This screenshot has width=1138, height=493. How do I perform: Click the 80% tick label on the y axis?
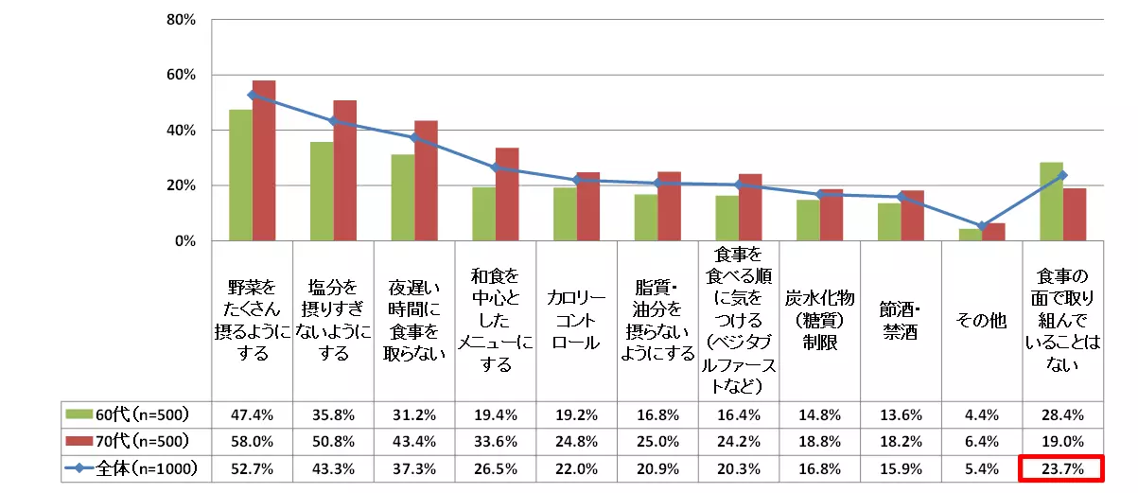[181, 19]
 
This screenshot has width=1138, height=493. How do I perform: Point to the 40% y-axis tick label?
[181, 131]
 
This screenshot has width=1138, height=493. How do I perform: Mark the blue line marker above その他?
[982, 226]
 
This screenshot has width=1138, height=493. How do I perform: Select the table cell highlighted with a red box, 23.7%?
[1063, 468]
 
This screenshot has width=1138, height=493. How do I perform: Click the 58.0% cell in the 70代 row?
[253, 441]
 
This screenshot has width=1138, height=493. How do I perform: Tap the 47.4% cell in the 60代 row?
[253, 414]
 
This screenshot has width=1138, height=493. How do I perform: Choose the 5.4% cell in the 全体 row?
[982, 468]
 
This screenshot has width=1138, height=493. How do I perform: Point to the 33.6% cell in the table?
[496, 441]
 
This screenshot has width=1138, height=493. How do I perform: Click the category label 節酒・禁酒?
[901, 322]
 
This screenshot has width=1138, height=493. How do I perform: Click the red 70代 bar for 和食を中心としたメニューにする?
[507, 194]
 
